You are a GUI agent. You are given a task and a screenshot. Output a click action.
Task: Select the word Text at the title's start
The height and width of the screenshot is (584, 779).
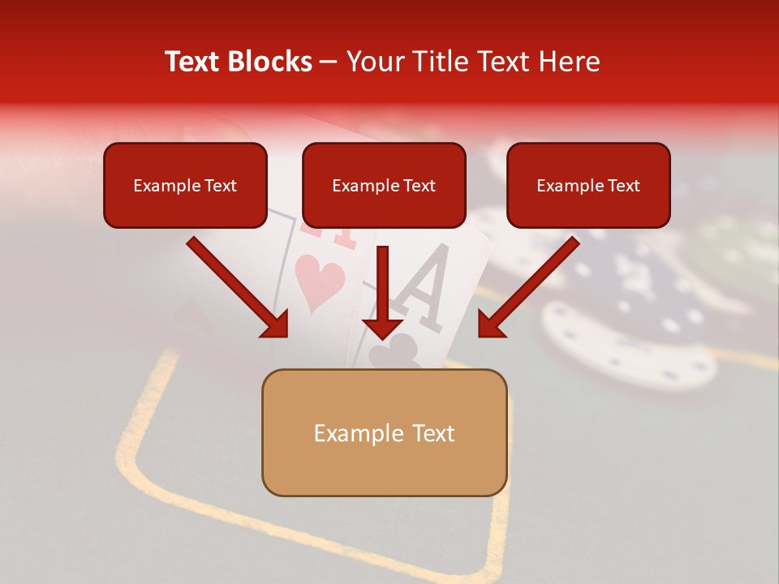[x=195, y=62]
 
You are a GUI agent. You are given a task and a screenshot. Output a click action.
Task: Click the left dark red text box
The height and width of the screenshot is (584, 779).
[x=185, y=186]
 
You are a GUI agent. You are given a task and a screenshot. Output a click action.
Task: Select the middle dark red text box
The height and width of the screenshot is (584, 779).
[x=384, y=186]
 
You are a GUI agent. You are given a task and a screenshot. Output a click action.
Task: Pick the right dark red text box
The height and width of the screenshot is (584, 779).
[x=588, y=186]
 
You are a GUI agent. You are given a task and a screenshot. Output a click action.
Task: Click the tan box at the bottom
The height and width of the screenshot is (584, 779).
[x=384, y=432]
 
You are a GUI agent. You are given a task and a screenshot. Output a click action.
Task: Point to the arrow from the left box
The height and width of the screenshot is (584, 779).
[x=239, y=288]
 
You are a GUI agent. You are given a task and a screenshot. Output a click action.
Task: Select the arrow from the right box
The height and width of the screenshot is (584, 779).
[x=527, y=288]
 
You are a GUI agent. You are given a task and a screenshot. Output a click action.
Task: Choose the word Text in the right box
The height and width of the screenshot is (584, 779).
[x=623, y=186]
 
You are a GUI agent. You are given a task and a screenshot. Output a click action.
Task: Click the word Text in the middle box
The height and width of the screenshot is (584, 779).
[x=419, y=186]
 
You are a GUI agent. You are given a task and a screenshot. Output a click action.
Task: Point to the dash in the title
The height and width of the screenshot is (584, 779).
[x=329, y=62]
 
